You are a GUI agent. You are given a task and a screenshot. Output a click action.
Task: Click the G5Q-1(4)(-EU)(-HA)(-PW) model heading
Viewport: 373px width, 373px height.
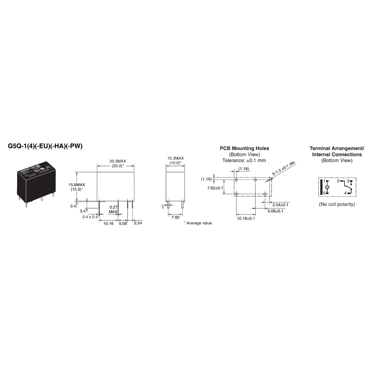(46, 146)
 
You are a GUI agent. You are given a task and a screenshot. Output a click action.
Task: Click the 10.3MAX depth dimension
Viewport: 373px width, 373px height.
(176, 158)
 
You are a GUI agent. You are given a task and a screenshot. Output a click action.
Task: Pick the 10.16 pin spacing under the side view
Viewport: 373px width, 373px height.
(108, 223)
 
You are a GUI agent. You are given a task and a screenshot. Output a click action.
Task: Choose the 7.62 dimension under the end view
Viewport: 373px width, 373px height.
(176, 217)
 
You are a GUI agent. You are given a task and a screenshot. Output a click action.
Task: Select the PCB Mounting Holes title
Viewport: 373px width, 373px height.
(244, 148)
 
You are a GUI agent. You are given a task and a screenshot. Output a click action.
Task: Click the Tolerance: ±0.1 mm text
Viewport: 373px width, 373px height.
(244, 160)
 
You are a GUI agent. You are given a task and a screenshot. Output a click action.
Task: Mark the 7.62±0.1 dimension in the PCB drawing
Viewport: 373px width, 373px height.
(215, 188)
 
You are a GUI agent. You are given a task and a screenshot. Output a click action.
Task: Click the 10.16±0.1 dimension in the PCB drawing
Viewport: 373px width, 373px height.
(246, 218)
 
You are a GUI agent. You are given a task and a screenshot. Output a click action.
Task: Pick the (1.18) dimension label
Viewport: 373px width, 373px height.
(244, 169)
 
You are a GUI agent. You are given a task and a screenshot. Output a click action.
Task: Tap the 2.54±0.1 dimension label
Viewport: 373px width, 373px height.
(280, 204)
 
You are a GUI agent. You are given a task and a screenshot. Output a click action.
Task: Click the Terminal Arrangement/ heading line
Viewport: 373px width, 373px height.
(337, 148)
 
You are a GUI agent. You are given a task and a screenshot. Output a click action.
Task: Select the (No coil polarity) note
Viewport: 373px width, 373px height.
(337, 204)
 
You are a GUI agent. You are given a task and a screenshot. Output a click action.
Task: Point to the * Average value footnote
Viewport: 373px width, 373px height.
(197, 223)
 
